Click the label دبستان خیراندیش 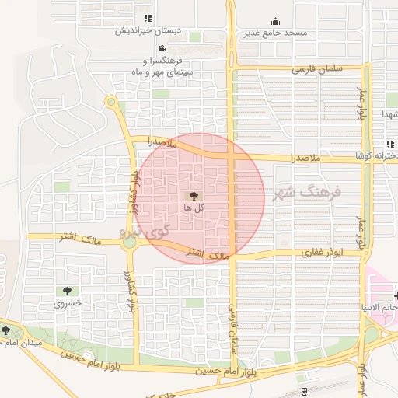tap(148, 32)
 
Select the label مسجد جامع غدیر tap(276, 33)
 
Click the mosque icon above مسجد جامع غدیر tap(275, 22)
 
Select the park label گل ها tap(194, 208)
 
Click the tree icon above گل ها tap(193, 197)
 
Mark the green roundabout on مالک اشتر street tap(129, 243)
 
